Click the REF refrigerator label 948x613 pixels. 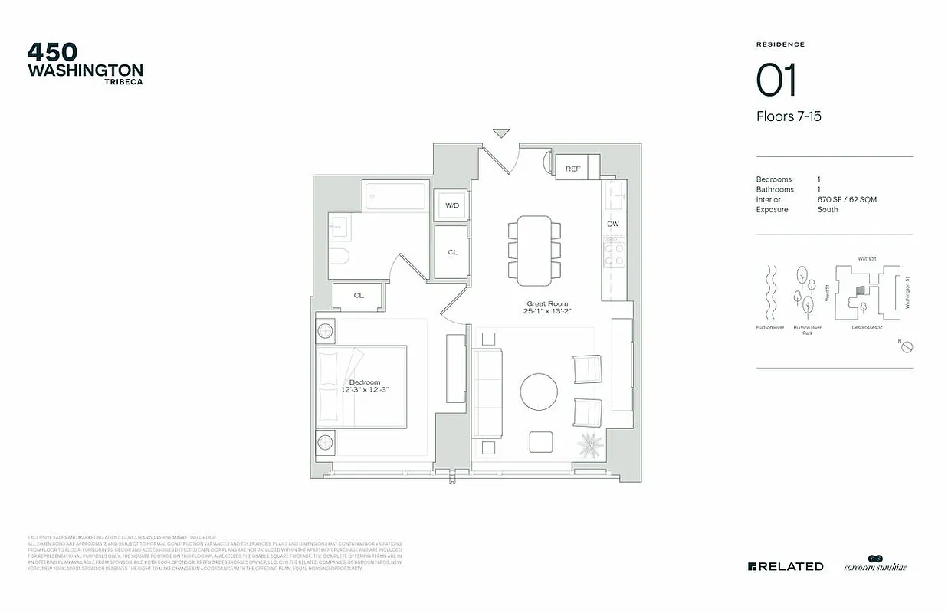[x=572, y=169]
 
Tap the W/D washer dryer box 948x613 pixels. [x=452, y=205]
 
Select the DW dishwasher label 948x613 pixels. [x=612, y=225]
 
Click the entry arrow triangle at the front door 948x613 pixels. [x=501, y=133]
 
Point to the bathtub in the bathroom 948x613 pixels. [x=395, y=196]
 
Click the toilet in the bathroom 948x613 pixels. [x=338, y=256]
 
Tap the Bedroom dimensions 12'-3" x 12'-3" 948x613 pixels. [x=365, y=390]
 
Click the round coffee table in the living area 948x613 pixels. [x=539, y=392]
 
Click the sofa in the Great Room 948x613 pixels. [x=487, y=392]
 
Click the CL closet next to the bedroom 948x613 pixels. [x=359, y=295]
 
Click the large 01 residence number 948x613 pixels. [x=776, y=80]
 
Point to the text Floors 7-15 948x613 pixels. [x=789, y=116]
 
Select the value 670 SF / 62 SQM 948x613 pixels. [x=847, y=199]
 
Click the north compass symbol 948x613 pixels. [x=907, y=347]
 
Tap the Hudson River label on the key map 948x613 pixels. [x=770, y=328]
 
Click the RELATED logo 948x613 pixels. [x=786, y=566]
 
